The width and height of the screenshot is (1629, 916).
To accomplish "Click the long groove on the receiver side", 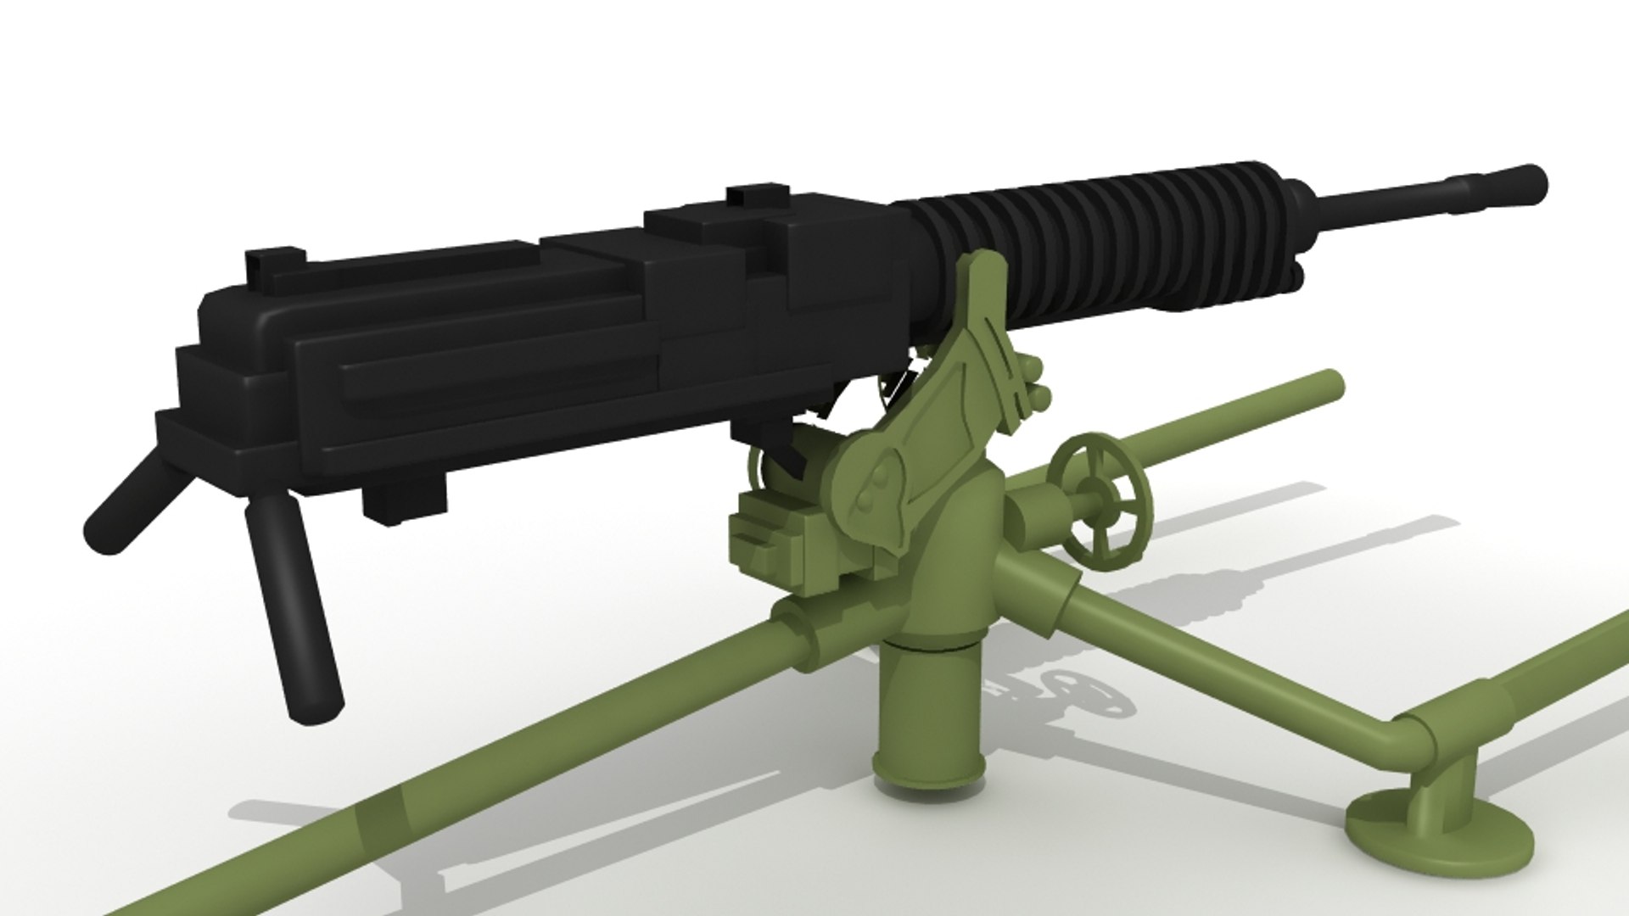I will click(501, 373).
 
